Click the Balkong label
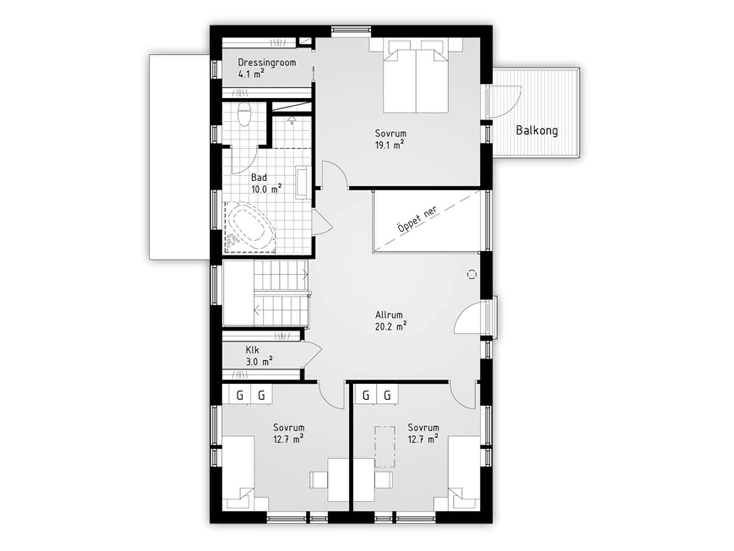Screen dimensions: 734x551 (537, 130)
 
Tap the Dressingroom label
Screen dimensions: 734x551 (267, 62)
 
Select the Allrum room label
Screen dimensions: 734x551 (389, 315)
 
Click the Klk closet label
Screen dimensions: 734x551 (252, 350)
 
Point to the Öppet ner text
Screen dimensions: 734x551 (417, 220)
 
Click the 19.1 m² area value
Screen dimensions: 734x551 (390, 145)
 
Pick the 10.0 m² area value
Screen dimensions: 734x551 (267, 189)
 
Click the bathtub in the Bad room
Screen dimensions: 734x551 (249, 226)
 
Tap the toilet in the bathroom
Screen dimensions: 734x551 (244, 114)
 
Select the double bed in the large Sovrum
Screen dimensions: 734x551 (416, 77)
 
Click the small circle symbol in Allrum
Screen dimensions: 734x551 (472, 274)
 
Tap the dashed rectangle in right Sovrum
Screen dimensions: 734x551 (385, 447)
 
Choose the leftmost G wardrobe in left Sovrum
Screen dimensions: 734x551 (240, 395)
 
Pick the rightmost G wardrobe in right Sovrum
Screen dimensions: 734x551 (387, 395)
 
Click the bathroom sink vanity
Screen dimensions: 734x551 (303, 182)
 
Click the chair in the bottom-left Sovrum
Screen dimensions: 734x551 (319, 480)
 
